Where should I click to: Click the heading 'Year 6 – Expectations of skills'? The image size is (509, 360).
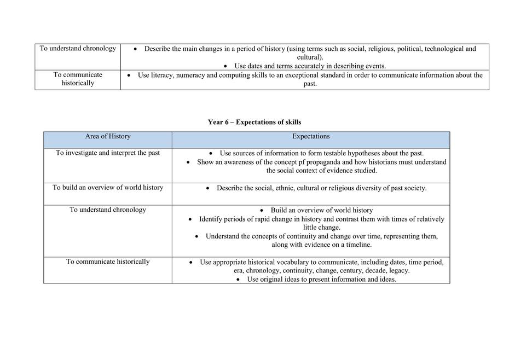tap(255, 122)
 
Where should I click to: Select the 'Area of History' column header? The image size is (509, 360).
tap(108, 136)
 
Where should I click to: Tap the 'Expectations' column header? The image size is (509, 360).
tap(311, 136)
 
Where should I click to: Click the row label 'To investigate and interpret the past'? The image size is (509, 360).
tap(108, 153)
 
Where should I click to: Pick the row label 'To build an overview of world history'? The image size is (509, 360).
tap(108, 187)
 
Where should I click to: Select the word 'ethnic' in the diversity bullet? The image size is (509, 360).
tap(285, 188)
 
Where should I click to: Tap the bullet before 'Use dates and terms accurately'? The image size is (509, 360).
tap(225, 66)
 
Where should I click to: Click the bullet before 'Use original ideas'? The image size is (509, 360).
tap(239, 279)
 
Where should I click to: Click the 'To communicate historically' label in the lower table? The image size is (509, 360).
tap(108, 262)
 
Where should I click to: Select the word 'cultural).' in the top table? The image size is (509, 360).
tap(310, 57)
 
